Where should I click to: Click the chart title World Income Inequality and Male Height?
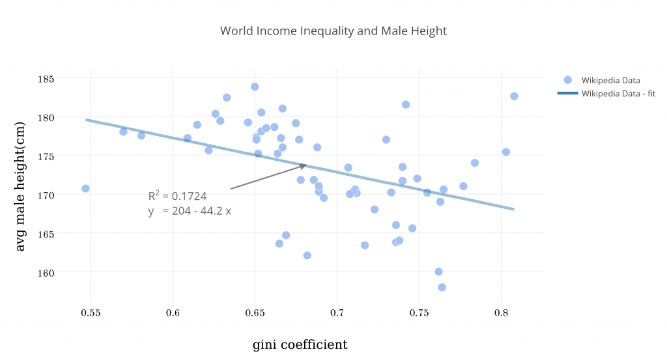(333, 31)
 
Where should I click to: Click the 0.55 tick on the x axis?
(91, 313)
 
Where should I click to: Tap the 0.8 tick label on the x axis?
(501, 313)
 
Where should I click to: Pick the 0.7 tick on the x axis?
(337, 313)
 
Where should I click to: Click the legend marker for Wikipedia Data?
(567, 80)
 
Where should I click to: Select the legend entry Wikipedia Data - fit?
(617, 94)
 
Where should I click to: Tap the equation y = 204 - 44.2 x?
(189, 211)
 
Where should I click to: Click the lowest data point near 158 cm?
(442, 287)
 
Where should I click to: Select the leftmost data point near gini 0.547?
(85, 188)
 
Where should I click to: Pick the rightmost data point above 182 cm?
(514, 96)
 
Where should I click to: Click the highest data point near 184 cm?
(255, 87)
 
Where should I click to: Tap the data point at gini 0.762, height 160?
(438, 271)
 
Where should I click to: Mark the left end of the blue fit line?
(87, 119)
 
